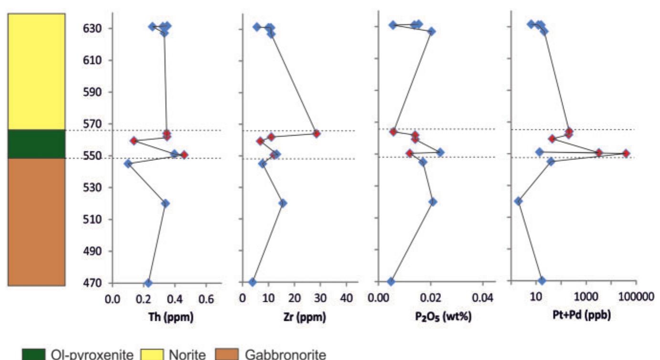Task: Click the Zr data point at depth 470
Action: point(252,282)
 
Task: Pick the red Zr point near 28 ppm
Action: point(316,133)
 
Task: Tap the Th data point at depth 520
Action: point(166,203)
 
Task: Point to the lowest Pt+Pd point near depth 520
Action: point(518,201)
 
